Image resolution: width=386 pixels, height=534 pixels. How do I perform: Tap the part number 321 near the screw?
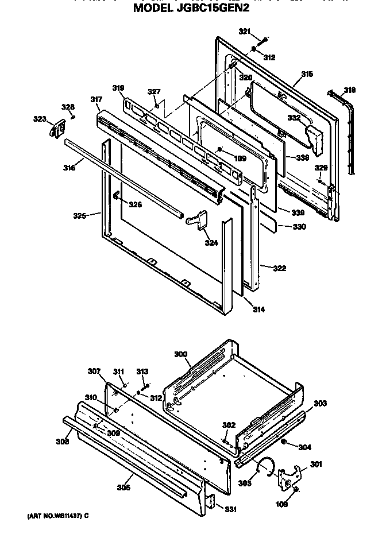245,31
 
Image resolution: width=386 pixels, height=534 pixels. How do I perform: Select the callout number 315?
307,75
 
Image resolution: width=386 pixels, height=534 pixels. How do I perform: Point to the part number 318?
349,90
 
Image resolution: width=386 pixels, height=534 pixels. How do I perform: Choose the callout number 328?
68,107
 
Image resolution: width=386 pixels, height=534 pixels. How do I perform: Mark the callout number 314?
259,309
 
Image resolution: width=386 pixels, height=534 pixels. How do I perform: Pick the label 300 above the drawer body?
181,355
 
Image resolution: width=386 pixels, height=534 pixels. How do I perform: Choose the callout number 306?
123,487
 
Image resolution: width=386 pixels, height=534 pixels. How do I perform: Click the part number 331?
229,509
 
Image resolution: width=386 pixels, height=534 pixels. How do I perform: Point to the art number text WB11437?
55,515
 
